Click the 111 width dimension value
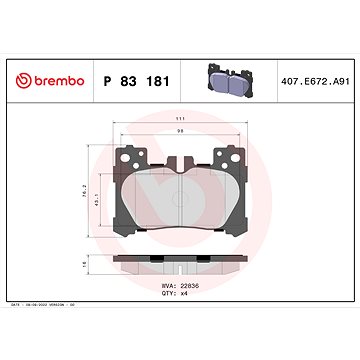(x=181, y=124)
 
